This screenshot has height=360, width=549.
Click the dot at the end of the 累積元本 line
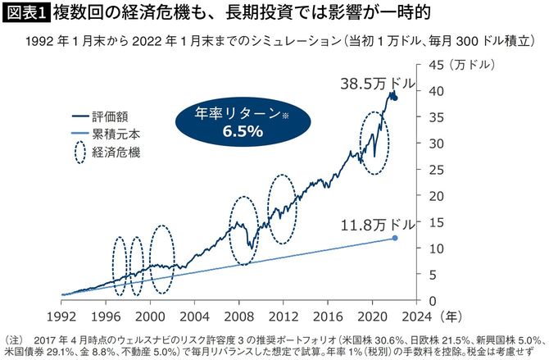click(x=396, y=238)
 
